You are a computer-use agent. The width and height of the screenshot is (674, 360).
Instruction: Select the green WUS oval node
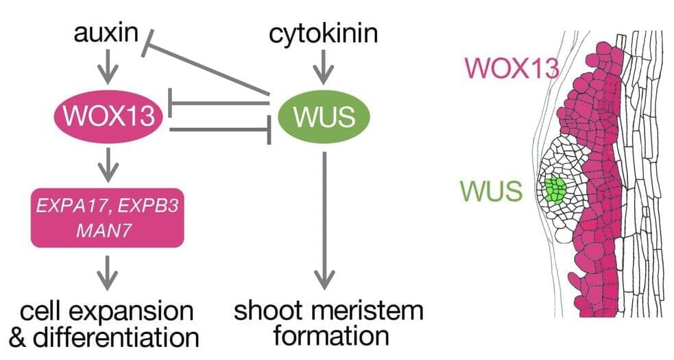(x=324, y=117)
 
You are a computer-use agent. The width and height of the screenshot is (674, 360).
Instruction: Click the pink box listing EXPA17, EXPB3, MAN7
(x=108, y=217)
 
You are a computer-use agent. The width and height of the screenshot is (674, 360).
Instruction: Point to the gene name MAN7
(x=107, y=229)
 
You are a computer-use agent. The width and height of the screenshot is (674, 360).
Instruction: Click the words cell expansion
(x=106, y=312)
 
